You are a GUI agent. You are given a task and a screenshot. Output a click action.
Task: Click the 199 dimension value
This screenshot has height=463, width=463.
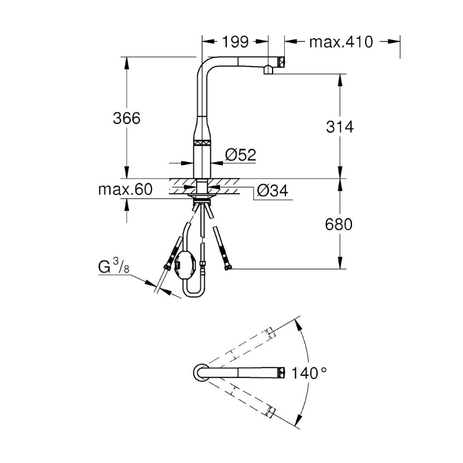tap(235, 42)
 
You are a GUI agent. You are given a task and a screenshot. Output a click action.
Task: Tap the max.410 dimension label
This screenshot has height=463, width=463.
tap(340, 42)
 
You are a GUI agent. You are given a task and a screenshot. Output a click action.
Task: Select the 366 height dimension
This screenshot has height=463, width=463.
tap(126, 118)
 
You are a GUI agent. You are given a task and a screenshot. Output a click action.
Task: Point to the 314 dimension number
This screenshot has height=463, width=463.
tap(339, 127)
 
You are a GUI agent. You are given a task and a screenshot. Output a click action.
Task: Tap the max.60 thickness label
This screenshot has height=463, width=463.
tap(126, 190)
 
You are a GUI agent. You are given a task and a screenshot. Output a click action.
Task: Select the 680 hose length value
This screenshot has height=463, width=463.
tap(339, 224)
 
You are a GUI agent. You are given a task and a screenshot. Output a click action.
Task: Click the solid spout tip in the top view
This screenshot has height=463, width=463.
tap(281, 373)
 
